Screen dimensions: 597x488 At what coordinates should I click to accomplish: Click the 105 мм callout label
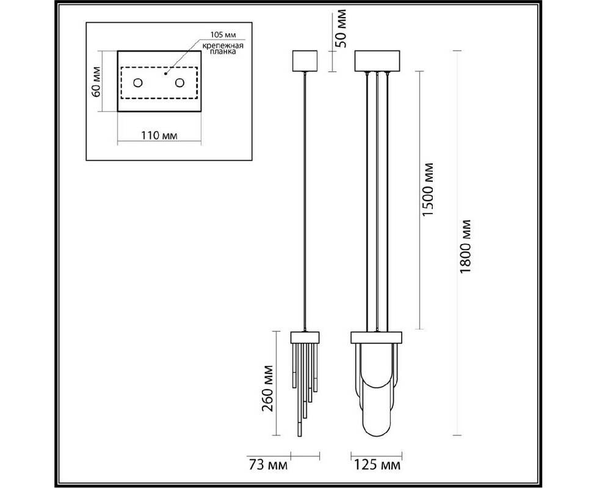tap(223, 35)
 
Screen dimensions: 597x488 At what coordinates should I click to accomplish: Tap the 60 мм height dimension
tap(96, 82)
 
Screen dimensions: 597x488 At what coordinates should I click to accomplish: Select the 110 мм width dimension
tap(159, 135)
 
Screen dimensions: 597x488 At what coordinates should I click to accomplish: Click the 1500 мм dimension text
tap(429, 190)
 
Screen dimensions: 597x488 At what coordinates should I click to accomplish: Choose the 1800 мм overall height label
tap(465, 246)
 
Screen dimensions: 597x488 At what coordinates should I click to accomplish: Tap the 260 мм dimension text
tap(267, 389)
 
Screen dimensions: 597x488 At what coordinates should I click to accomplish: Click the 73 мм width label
tap(269, 465)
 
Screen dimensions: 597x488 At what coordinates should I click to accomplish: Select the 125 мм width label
tap(378, 465)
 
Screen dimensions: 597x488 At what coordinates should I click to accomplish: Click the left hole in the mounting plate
tap(137, 82)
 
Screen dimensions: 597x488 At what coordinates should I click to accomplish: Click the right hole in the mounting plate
tap(179, 82)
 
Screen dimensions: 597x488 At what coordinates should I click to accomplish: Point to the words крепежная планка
tap(223, 49)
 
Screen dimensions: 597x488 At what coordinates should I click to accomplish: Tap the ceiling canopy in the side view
tap(305, 61)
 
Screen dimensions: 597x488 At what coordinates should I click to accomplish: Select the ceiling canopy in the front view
tap(377, 61)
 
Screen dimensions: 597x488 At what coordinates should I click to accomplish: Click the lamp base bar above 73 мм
tap(305, 337)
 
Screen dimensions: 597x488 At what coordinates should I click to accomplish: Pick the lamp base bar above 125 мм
tap(376, 337)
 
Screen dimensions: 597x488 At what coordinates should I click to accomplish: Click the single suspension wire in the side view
tap(305, 201)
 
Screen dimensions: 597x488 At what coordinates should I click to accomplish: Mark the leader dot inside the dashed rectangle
tap(165, 73)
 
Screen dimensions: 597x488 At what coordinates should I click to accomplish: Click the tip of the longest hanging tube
tap(300, 436)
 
